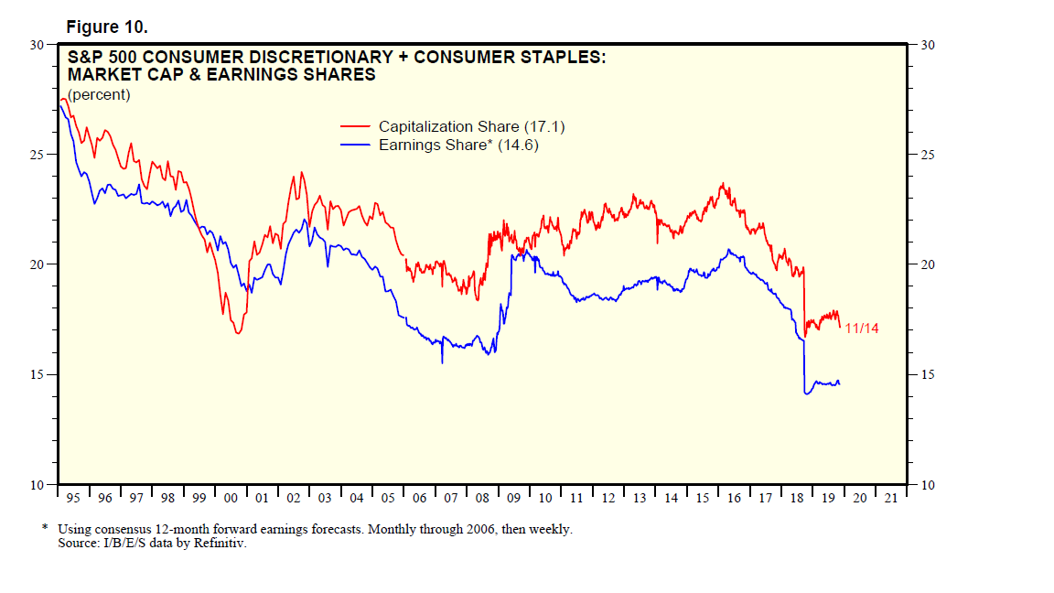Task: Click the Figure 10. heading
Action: [x=107, y=27]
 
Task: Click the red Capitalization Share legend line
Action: [x=355, y=126]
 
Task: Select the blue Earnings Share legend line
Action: [x=355, y=145]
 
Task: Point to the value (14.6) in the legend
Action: [x=518, y=145]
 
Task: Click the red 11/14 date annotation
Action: [x=862, y=329]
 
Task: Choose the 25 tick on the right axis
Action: [x=926, y=155]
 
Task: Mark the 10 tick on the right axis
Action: [x=926, y=485]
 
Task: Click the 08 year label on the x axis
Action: [x=483, y=498]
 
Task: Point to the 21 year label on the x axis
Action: [x=891, y=498]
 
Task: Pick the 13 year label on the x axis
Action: [x=640, y=498]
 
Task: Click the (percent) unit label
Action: [x=99, y=94]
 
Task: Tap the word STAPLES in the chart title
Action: [x=559, y=58]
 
